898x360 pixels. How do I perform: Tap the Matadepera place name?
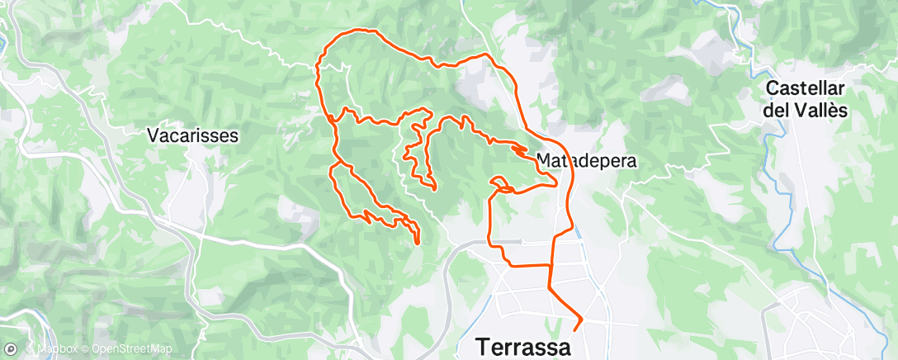tap(586, 160)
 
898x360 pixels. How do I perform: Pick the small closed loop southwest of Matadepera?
tap(500, 182)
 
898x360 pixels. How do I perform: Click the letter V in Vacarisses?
tap(153, 134)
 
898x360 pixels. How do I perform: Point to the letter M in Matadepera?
tap(544, 160)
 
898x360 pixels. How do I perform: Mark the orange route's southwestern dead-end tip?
tap(418, 243)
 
